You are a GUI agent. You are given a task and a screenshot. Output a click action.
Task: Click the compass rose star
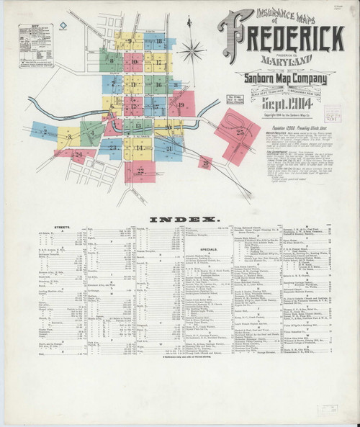coord(192,51)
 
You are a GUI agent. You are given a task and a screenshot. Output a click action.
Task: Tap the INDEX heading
coord(180,218)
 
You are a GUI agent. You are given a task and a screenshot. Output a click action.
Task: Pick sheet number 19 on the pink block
coord(181,106)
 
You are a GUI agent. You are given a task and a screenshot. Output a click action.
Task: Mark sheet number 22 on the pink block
coord(140,171)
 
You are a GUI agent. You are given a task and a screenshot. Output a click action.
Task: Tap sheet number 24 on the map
coord(78,154)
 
